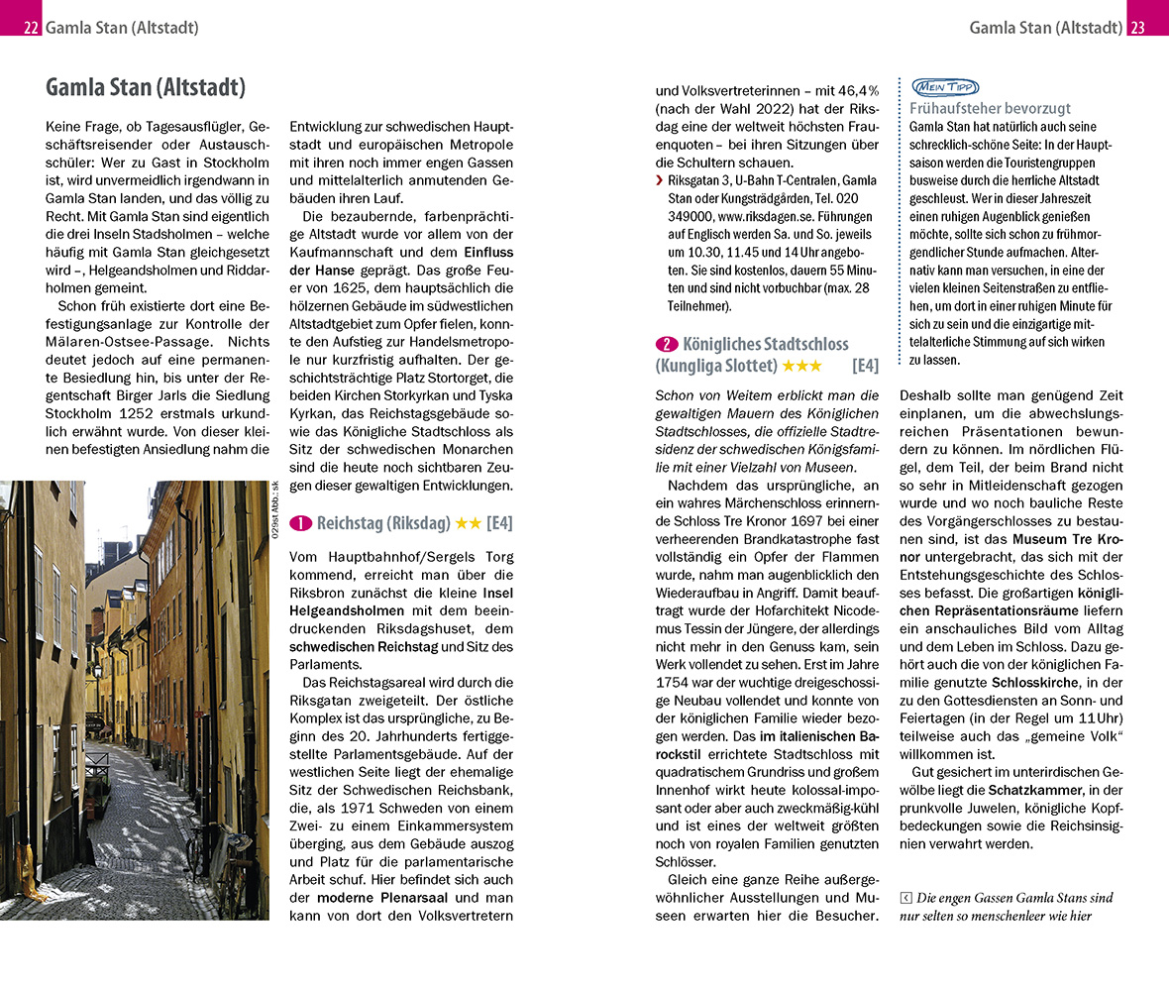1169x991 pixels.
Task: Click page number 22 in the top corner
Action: click(31, 28)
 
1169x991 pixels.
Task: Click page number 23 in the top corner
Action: click(1137, 28)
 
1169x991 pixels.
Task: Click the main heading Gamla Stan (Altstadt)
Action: click(145, 87)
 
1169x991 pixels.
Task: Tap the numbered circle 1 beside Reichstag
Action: click(301, 522)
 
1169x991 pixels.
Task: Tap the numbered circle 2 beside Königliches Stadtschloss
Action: click(667, 344)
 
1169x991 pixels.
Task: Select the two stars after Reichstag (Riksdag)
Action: click(469, 522)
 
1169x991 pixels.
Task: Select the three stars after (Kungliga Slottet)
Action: click(801, 366)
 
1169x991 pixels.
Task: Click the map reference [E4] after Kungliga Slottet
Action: click(864, 366)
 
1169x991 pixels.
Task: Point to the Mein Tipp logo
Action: click(936, 87)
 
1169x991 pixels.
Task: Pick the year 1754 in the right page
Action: click(672, 682)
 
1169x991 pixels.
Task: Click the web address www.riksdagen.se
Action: click(760, 215)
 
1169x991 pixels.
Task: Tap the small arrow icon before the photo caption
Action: click(905, 898)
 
